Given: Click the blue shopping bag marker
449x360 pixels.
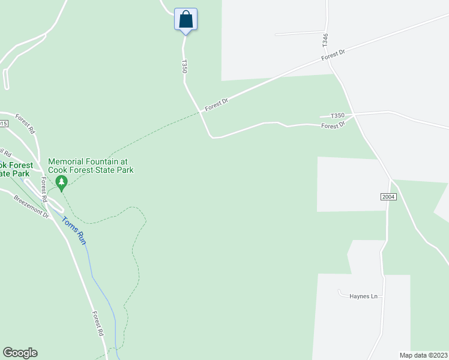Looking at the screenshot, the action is [x=185, y=19].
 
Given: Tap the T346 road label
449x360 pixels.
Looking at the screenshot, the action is [x=325, y=40].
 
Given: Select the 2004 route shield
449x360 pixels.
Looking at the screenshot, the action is [x=388, y=197].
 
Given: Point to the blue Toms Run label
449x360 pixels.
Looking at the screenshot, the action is [x=73, y=230].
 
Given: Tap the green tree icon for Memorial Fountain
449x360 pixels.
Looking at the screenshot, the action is [x=61, y=181].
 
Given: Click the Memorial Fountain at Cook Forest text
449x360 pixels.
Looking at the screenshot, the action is [x=90, y=166].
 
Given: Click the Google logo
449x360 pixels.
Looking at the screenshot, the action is [x=20, y=353].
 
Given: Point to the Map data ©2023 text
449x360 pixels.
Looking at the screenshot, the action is [x=423, y=355].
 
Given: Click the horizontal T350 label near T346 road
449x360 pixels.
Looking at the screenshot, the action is [x=337, y=115].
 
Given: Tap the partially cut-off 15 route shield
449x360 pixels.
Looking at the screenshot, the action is [x=3, y=124].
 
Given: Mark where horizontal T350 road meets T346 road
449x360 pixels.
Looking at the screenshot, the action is [x=354, y=113].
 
